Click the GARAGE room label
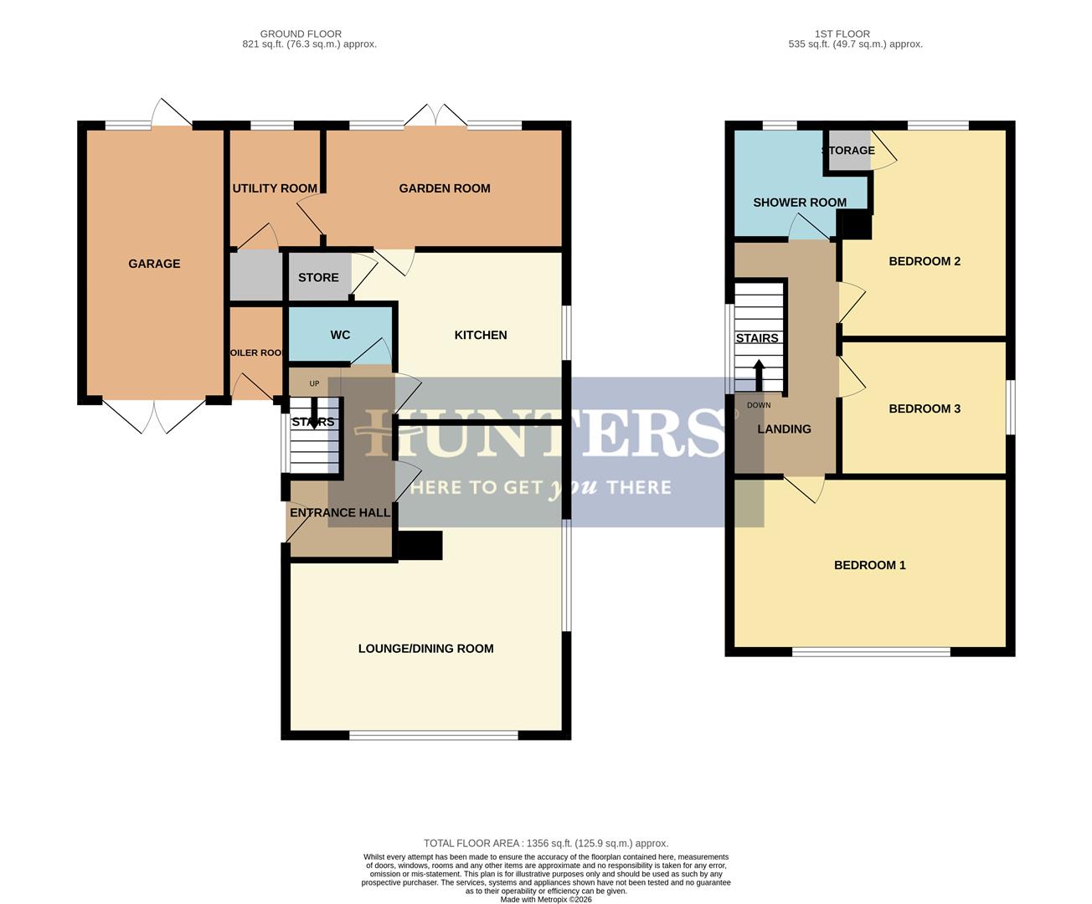click(154, 264)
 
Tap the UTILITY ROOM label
click(275, 188)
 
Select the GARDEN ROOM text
click(445, 188)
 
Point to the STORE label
click(318, 277)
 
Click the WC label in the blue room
click(340, 335)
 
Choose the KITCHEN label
click(481, 335)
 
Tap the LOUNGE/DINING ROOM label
click(425, 649)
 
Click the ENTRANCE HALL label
click(340, 512)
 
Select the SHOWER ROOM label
click(800, 203)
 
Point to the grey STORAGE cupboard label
click(848, 151)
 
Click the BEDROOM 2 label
click(925, 261)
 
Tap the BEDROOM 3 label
click(925, 408)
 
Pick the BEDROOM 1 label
click(870, 565)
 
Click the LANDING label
click(784, 429)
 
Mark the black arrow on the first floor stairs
click(759, 375)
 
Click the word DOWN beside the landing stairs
click(759, 405)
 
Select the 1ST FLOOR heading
click(842, 34)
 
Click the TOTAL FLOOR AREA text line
click(546, 844)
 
